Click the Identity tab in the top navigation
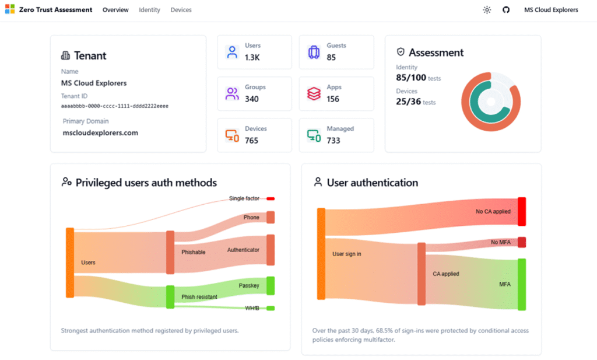pos(149,10)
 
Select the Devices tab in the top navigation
pos(181,10)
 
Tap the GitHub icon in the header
pos(506,10)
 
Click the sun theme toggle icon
pos(487,10)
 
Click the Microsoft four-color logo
pos(9,10)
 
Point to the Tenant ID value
pos(115,106)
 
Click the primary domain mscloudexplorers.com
pos(100,132)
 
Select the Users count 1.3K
pos(252,58)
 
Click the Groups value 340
pos(252,99)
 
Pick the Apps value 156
pos(333,99)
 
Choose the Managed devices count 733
pos(333,141)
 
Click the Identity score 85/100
pos(411,77)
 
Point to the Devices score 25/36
pos(408,102)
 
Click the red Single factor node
pos(271,198)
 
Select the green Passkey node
pos(271,285)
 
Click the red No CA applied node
pos(522,211)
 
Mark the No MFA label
pos(501,242)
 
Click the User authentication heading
pos(372,183)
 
